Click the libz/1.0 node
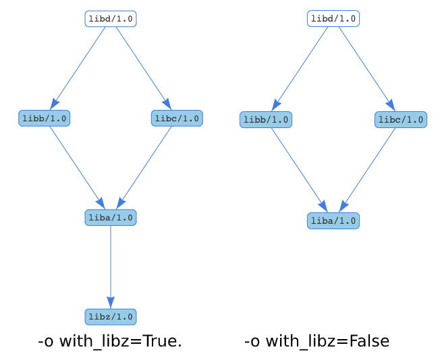110,317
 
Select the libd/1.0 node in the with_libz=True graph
111,19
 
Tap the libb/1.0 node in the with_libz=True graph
45,119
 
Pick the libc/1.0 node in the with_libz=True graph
177,119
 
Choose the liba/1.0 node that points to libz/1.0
111,218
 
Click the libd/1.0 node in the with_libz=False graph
333,19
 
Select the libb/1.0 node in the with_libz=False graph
266,120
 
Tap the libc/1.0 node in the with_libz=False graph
401,120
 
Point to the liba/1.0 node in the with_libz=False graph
333,221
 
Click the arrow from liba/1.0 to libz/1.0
111,266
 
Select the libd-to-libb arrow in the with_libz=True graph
78,67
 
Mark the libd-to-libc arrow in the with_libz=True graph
143,67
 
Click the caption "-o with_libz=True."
110,342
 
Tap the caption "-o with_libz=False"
317,342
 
